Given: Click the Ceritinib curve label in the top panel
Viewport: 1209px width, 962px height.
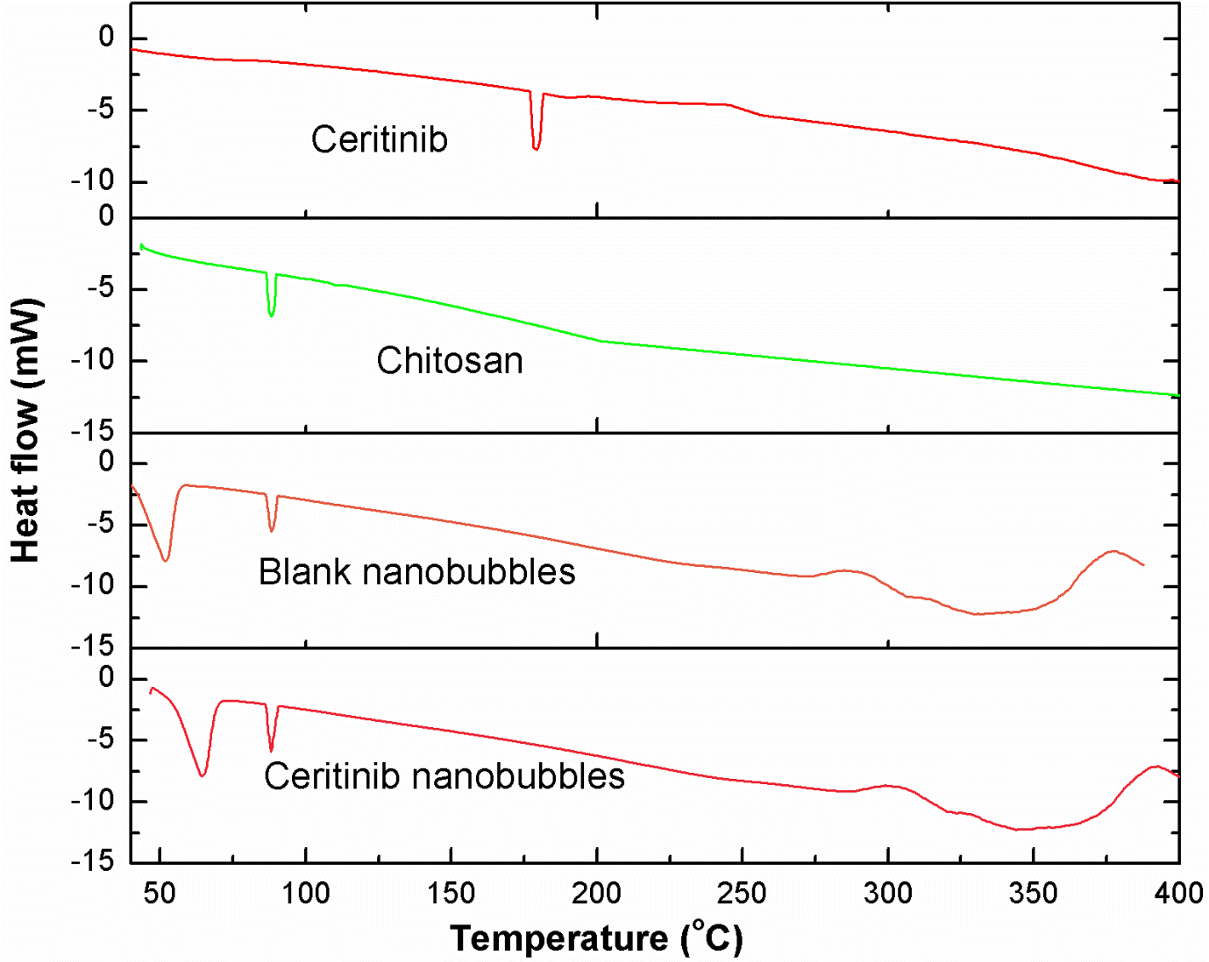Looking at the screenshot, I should coord(380,139).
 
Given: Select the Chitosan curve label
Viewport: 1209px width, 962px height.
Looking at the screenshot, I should coord(450,361).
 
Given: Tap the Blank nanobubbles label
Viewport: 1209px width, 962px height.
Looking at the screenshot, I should coord(416,572).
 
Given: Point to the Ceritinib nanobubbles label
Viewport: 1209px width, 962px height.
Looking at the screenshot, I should coord(444,776).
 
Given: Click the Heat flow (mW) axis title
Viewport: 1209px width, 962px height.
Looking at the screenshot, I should coord(26,431).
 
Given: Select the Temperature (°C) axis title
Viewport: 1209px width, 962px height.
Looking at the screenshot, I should coord(596,937).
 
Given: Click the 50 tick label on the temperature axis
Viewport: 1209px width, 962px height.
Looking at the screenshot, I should coord(160,894).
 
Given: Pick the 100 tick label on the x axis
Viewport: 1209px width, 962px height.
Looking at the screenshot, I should coord(305,894).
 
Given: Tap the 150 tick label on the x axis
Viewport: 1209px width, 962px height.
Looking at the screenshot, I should coord(451,894).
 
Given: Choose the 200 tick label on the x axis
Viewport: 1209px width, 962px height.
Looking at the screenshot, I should coord(596,894).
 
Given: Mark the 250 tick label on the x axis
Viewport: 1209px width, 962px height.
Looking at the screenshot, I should coord(742,894).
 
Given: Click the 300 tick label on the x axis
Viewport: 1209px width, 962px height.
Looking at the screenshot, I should coord(887,894).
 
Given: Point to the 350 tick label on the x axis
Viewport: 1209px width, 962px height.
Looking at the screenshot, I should coord(1033,894).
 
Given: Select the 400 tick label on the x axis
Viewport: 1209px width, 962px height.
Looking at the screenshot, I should coord(1178,894).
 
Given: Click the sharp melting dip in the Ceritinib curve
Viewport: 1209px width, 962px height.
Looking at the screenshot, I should coord(536,146).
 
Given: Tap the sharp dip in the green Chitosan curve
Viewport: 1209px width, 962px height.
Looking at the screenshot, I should coord(272,313).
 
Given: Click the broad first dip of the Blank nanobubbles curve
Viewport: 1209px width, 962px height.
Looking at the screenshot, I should coord(166,557).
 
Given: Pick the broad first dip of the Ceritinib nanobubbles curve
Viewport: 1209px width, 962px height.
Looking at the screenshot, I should coord(203,773).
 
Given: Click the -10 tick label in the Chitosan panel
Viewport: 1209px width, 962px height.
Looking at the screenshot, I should coord(93,360).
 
